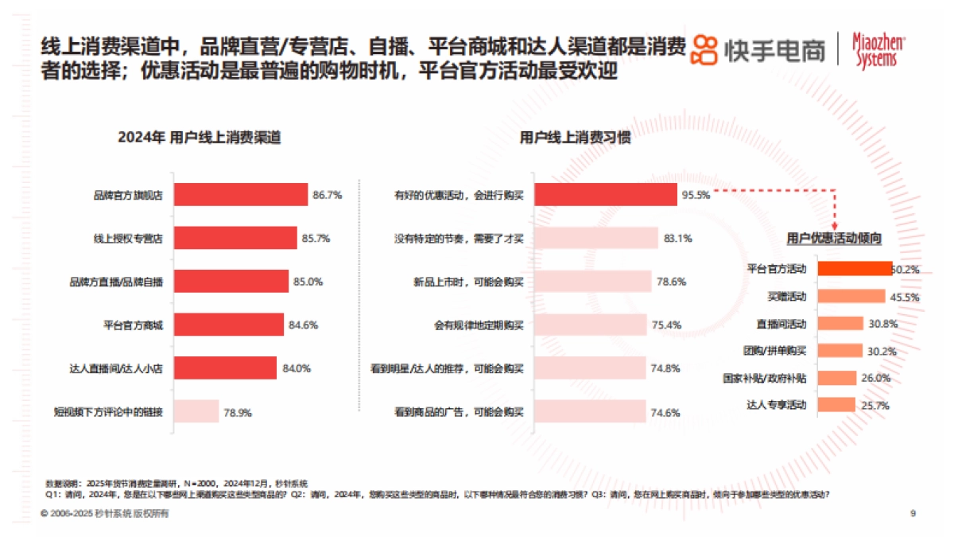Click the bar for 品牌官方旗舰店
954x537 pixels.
pyautogui.click(x=240, y=195)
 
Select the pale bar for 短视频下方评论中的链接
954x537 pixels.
pyautogui.click(x=196, y=411)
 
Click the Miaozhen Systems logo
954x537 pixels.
pyautogui.click(x=878, y=49)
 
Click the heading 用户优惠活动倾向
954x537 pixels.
pyautogui.click(x=834, y=238)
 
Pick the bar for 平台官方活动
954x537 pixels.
pyautogui.click(x=855, y=269)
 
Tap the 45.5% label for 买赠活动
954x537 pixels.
pyautogui.click(x=906, y=297)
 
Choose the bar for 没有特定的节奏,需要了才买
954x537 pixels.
pyautogui.click(x=596, y=238)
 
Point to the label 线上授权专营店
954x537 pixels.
pyautogui.click(x=129, y=238)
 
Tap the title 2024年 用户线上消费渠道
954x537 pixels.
pyautogui.click(x=199, y=138)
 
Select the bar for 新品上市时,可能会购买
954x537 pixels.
pyautogui.click(x=592, y=282)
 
